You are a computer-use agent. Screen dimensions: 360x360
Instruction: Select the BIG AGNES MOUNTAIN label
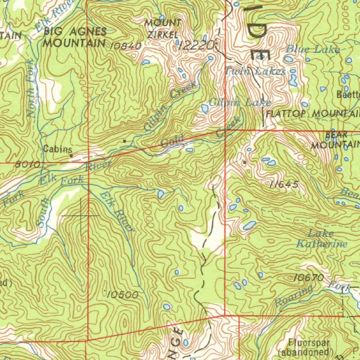pos(75,37)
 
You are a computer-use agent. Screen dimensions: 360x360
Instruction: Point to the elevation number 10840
pos(126,46)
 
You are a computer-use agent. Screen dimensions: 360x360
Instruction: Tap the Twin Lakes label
pos(255,71)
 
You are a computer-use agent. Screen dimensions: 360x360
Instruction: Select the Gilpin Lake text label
pos(240,102)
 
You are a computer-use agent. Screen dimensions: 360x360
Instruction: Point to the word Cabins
pos(58,149)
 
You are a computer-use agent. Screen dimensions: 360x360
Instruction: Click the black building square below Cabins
pos(71,155)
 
